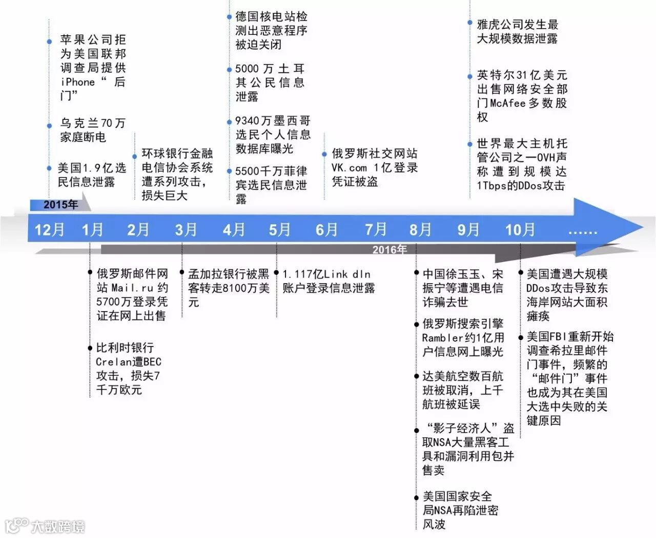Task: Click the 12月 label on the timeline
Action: [49, 229]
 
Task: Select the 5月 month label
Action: [279, 229]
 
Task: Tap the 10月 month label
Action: [520, 229]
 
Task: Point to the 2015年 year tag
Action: [60, 205]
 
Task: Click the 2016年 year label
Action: [389, 249]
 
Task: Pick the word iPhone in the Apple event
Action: [78, 82]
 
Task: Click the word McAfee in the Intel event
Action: [508, 103]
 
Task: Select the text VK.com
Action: [349, 167]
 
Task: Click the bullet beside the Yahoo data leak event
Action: [470, 23]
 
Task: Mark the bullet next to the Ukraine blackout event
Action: [49, 124]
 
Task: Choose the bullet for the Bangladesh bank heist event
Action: [182, 272]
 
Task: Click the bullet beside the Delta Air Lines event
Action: [416, 376]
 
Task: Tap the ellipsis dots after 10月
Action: [583, 232]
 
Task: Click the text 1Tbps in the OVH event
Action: [491, 185]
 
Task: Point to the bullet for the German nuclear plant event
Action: [229, 17]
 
